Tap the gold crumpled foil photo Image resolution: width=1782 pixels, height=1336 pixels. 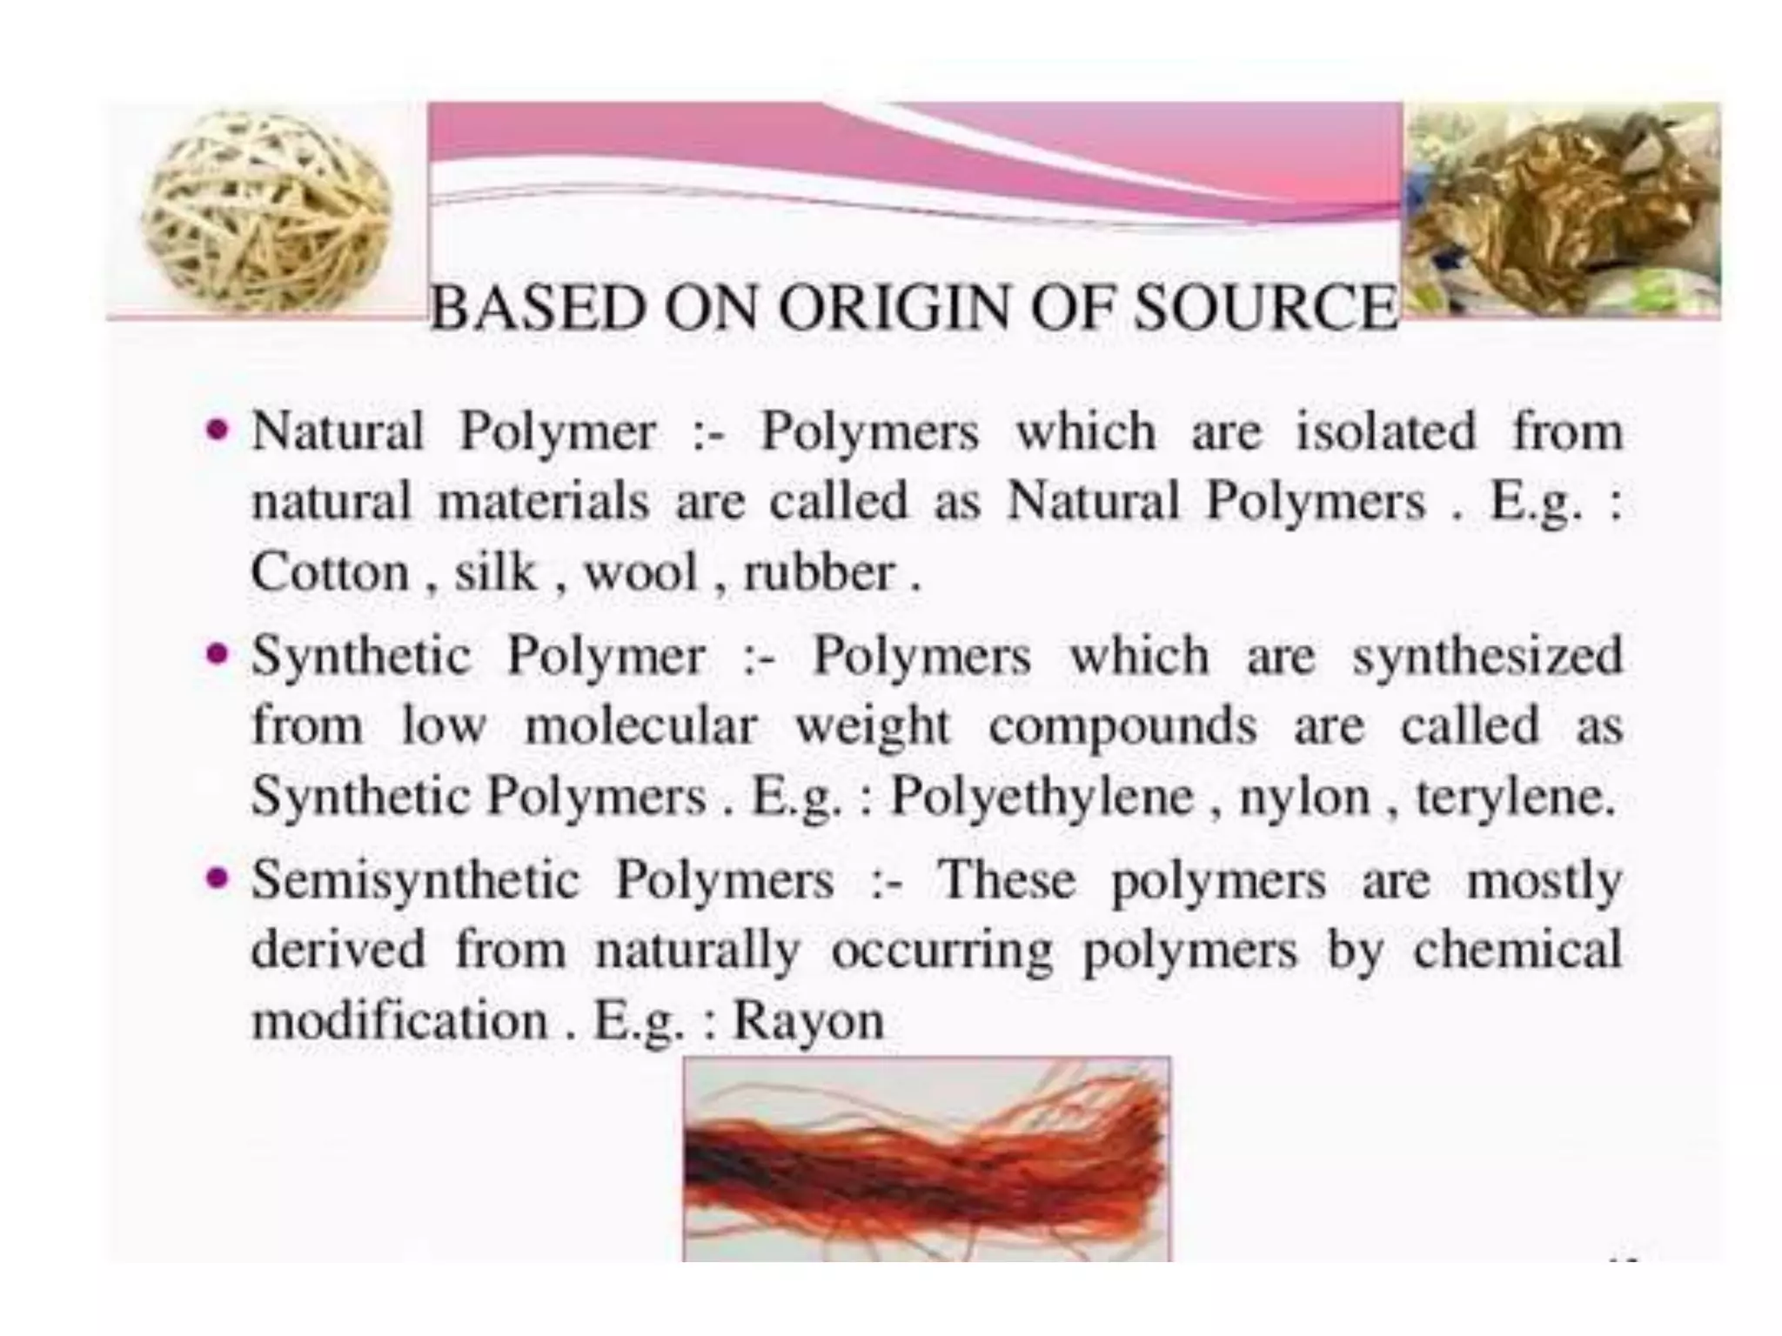1562,209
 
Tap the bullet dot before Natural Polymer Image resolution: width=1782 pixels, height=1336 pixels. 218,430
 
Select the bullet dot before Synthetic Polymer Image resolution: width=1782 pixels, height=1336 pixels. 218,653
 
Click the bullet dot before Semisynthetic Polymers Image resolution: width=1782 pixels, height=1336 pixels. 218,877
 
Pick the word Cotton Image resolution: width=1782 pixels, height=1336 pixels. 330,573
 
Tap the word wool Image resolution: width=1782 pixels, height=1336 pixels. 641,573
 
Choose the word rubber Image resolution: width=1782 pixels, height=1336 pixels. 819,573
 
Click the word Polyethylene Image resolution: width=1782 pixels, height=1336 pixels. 1041,797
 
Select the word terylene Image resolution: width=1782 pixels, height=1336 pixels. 1514,797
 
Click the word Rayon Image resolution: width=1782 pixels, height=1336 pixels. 808,1020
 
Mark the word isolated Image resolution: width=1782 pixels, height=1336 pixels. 1386,431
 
